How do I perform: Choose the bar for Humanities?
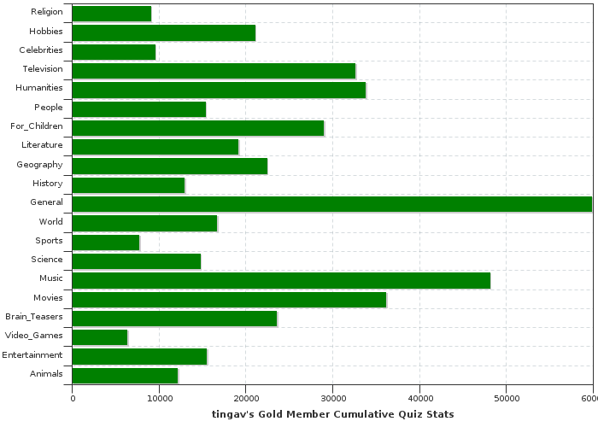click(219, 90)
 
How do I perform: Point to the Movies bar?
click(229, 299)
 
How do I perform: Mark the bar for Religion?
click(112, 14)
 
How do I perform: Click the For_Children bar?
click(198, 128)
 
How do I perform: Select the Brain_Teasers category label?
click(34, 316)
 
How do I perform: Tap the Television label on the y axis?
click(43, 68)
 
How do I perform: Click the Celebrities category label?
click(41, 50)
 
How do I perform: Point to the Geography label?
click(39, 164)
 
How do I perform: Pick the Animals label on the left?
click(46, 373)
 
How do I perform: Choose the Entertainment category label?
click(32, 354)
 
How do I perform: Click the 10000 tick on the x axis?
click(159, 399)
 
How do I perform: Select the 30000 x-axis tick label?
click(332, 399)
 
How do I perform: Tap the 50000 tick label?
click(506, 399)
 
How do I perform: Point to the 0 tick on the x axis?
click(73, 399)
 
